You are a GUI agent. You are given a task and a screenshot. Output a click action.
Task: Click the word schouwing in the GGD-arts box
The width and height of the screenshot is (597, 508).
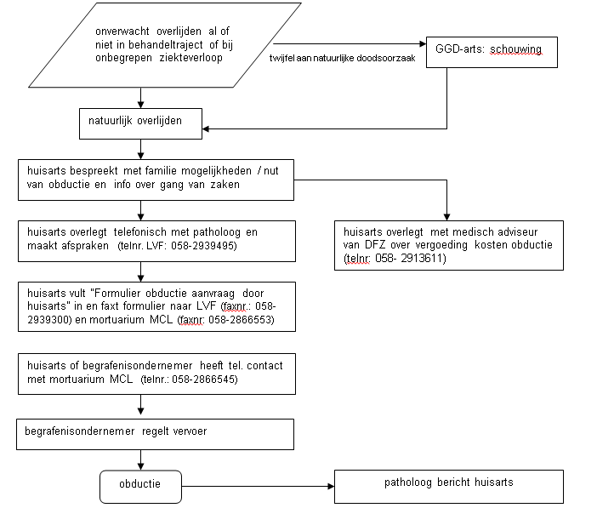pyautogui.click(x=515, y=49)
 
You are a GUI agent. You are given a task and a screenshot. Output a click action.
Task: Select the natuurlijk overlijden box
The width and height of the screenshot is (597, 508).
pyautogui.click(x=140, y=124)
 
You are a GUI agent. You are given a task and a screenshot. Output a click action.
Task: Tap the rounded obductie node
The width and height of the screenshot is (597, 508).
pyautogui.click(x=140, y=487)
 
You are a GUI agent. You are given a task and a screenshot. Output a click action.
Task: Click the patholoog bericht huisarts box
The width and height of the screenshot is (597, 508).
pyautogui.click(x=449, y=487)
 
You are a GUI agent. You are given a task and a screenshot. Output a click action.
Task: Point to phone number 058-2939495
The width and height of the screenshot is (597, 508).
pyautogui.click(x=204, y=246)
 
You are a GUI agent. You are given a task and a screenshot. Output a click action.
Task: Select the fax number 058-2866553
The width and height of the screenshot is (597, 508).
pyautogui.click(x=242, y=319)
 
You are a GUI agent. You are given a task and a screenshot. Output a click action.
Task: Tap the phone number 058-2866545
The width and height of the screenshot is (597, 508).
pyautogui.click(x=205, y=380)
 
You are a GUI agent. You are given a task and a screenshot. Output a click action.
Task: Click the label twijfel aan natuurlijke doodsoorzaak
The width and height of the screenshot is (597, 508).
pyautogui.click(x=342, y=59)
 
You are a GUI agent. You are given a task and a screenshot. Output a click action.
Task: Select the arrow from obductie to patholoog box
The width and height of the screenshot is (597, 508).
pyautogui.click(x=258, y=486)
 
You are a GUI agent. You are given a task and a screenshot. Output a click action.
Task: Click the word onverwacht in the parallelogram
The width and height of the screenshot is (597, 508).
pyautogui.click(x=122, y=31)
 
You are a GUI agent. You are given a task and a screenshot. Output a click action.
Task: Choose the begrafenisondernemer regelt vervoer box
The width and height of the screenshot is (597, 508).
pyautogui.click(x=155, y=435)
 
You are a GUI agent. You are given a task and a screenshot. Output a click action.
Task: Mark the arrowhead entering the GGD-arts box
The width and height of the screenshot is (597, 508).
pyautogui.click(x=423, y=44)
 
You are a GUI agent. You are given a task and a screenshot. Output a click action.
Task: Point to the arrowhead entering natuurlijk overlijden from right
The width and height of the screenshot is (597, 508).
pyautogui.click(x=206, y=128)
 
